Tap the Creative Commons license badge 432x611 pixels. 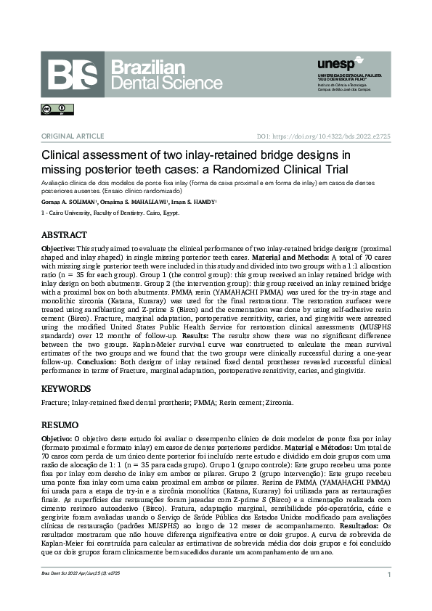click(52, 110)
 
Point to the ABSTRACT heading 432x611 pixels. click(64, 235)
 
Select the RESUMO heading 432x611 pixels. click(60, 424)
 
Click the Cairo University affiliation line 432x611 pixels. click(110, 213)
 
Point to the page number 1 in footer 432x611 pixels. click(389, 575)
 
